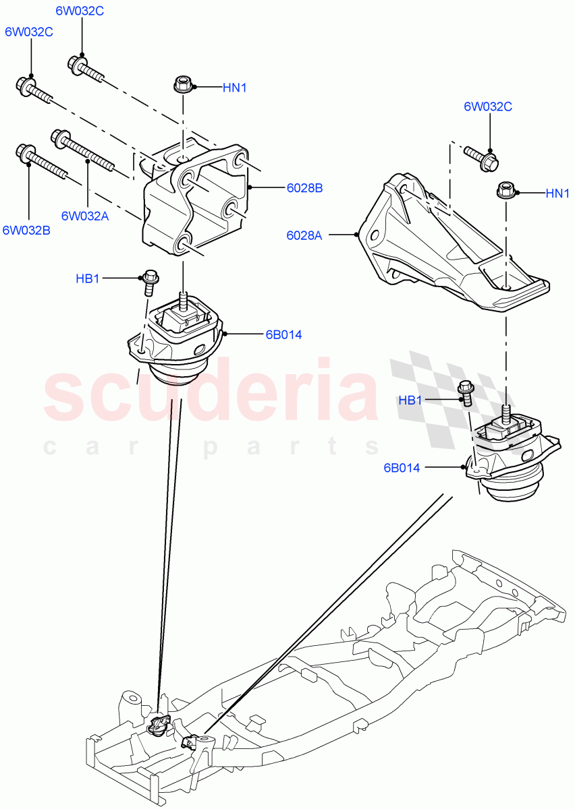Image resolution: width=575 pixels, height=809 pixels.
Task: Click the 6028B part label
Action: [x=304, y=188]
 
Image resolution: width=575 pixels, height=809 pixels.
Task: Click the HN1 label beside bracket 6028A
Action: [x=557, y=193]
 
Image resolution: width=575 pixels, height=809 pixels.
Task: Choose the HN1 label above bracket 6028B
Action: [x=236, y=87]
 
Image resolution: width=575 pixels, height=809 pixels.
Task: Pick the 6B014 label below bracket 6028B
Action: [x=283, y=334]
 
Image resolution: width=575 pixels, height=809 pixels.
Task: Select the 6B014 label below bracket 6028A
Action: [x=402, y=467]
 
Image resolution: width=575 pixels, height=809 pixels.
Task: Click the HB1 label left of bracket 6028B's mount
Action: [x=88, y=278]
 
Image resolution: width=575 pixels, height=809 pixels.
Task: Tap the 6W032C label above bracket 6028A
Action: [x=487, y=107]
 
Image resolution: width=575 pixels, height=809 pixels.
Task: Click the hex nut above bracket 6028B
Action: [x=183, y=85]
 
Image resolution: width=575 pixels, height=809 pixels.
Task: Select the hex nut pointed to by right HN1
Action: [x=507, y=191]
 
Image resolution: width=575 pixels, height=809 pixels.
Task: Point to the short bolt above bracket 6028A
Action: [x=482, y=157]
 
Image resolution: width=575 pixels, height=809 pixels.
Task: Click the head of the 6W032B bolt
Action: [x=26, y=153]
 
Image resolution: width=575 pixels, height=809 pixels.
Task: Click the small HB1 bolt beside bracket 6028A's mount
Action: [x=464, y=393]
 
